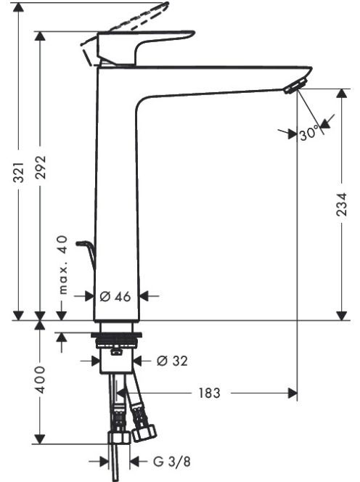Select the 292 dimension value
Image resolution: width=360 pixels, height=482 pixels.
tap(40, 168)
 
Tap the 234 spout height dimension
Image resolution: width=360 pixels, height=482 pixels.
tap(342, 205)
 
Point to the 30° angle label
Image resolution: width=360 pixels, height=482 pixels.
tap(308, 134)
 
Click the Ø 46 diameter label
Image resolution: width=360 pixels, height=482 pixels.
tap(115, 297)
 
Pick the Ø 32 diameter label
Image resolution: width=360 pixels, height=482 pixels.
tap(172, 361)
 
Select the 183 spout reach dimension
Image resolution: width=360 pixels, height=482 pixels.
tap(209, 393)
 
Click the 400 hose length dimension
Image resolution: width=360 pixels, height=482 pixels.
tap(40, 380)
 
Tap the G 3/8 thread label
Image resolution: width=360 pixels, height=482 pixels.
tap(172, 462)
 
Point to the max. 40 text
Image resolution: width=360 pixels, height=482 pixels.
tap(62, 265)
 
